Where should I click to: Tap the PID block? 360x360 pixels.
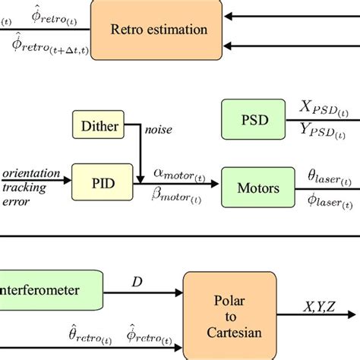click(x=99, y=182)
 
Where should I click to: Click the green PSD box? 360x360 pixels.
click(x=254, y=120)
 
